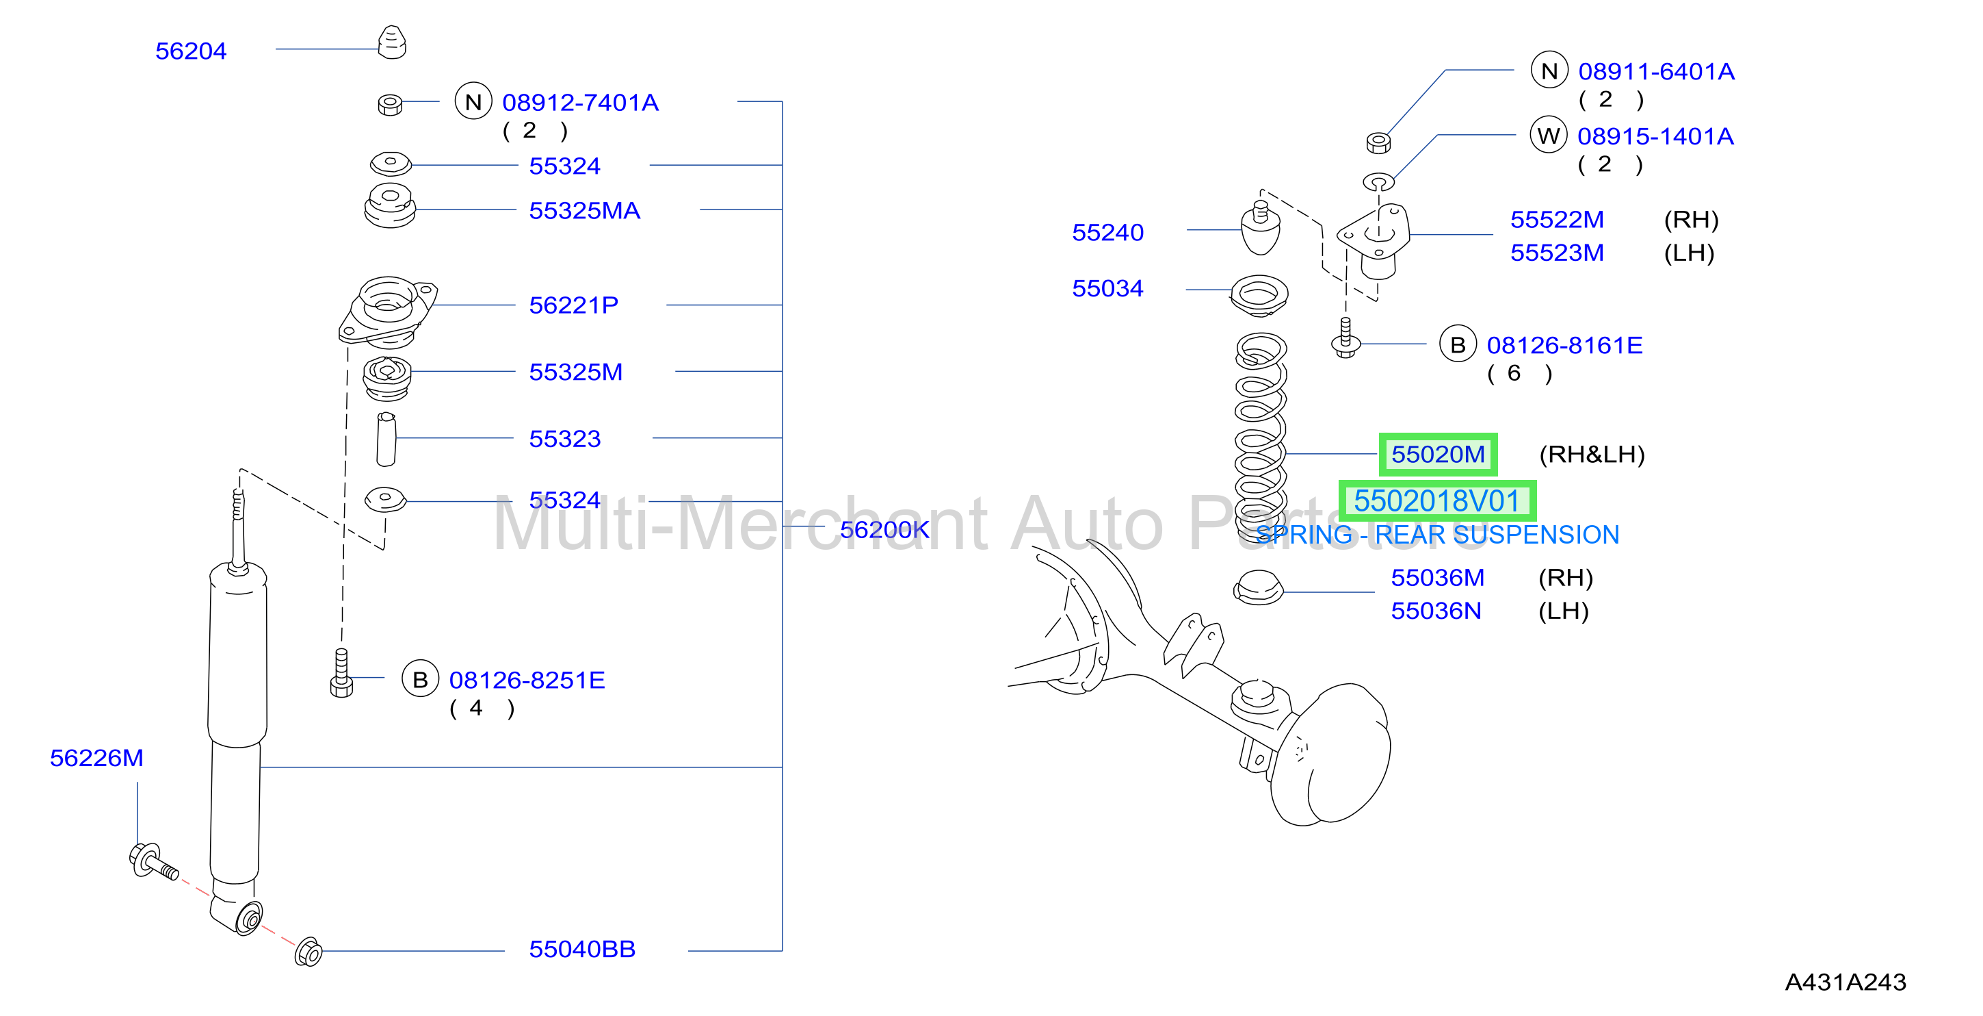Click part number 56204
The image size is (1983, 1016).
(191, 51)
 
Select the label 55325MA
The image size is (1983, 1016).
(584, 210)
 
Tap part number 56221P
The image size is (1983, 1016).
(573, 305)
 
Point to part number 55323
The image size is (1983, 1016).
(564, 438)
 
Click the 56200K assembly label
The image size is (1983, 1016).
(884, 529)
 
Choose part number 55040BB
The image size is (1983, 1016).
(582, 949)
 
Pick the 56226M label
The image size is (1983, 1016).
(96, 758)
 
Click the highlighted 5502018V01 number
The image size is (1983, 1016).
(1436, 500)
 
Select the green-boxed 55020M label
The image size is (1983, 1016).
(1438, 455)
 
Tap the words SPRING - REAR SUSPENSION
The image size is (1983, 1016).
(1437, 535)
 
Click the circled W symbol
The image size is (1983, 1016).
(1549, 136)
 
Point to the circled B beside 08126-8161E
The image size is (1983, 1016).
(1458, 344)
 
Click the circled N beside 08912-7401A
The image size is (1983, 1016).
(473, 102)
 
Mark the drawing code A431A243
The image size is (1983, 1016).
(1846, 982)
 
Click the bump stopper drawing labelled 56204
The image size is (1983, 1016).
(392, 42)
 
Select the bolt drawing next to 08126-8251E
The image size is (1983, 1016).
(341, 672)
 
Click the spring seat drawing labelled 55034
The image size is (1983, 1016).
(1259, 296)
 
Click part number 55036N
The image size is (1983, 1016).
(1436, 611)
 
